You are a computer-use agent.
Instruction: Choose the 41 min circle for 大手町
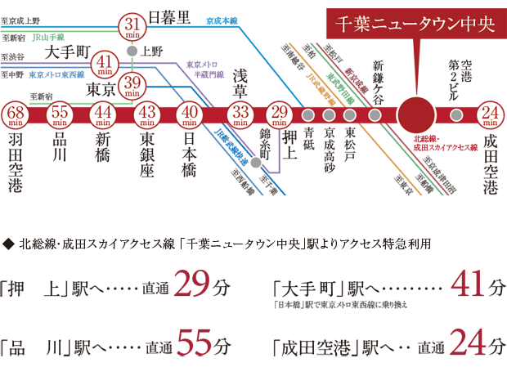[105, 63]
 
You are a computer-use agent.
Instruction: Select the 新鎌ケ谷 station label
[377, 80]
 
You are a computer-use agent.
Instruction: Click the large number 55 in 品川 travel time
[196, 346]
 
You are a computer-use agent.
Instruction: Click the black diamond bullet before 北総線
[8, 244]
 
